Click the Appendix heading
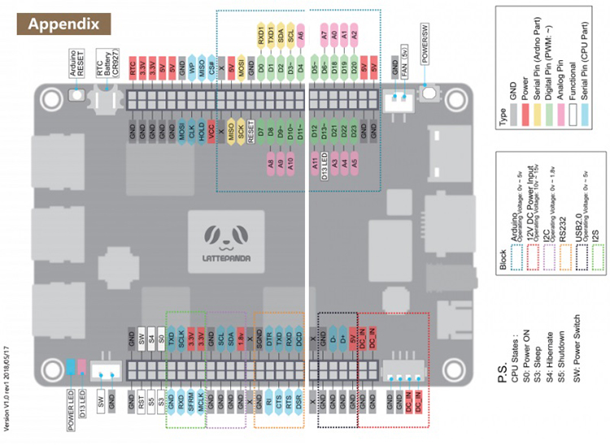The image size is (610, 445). [x=64, y=23]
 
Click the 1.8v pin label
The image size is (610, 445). [x=241, y=335]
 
